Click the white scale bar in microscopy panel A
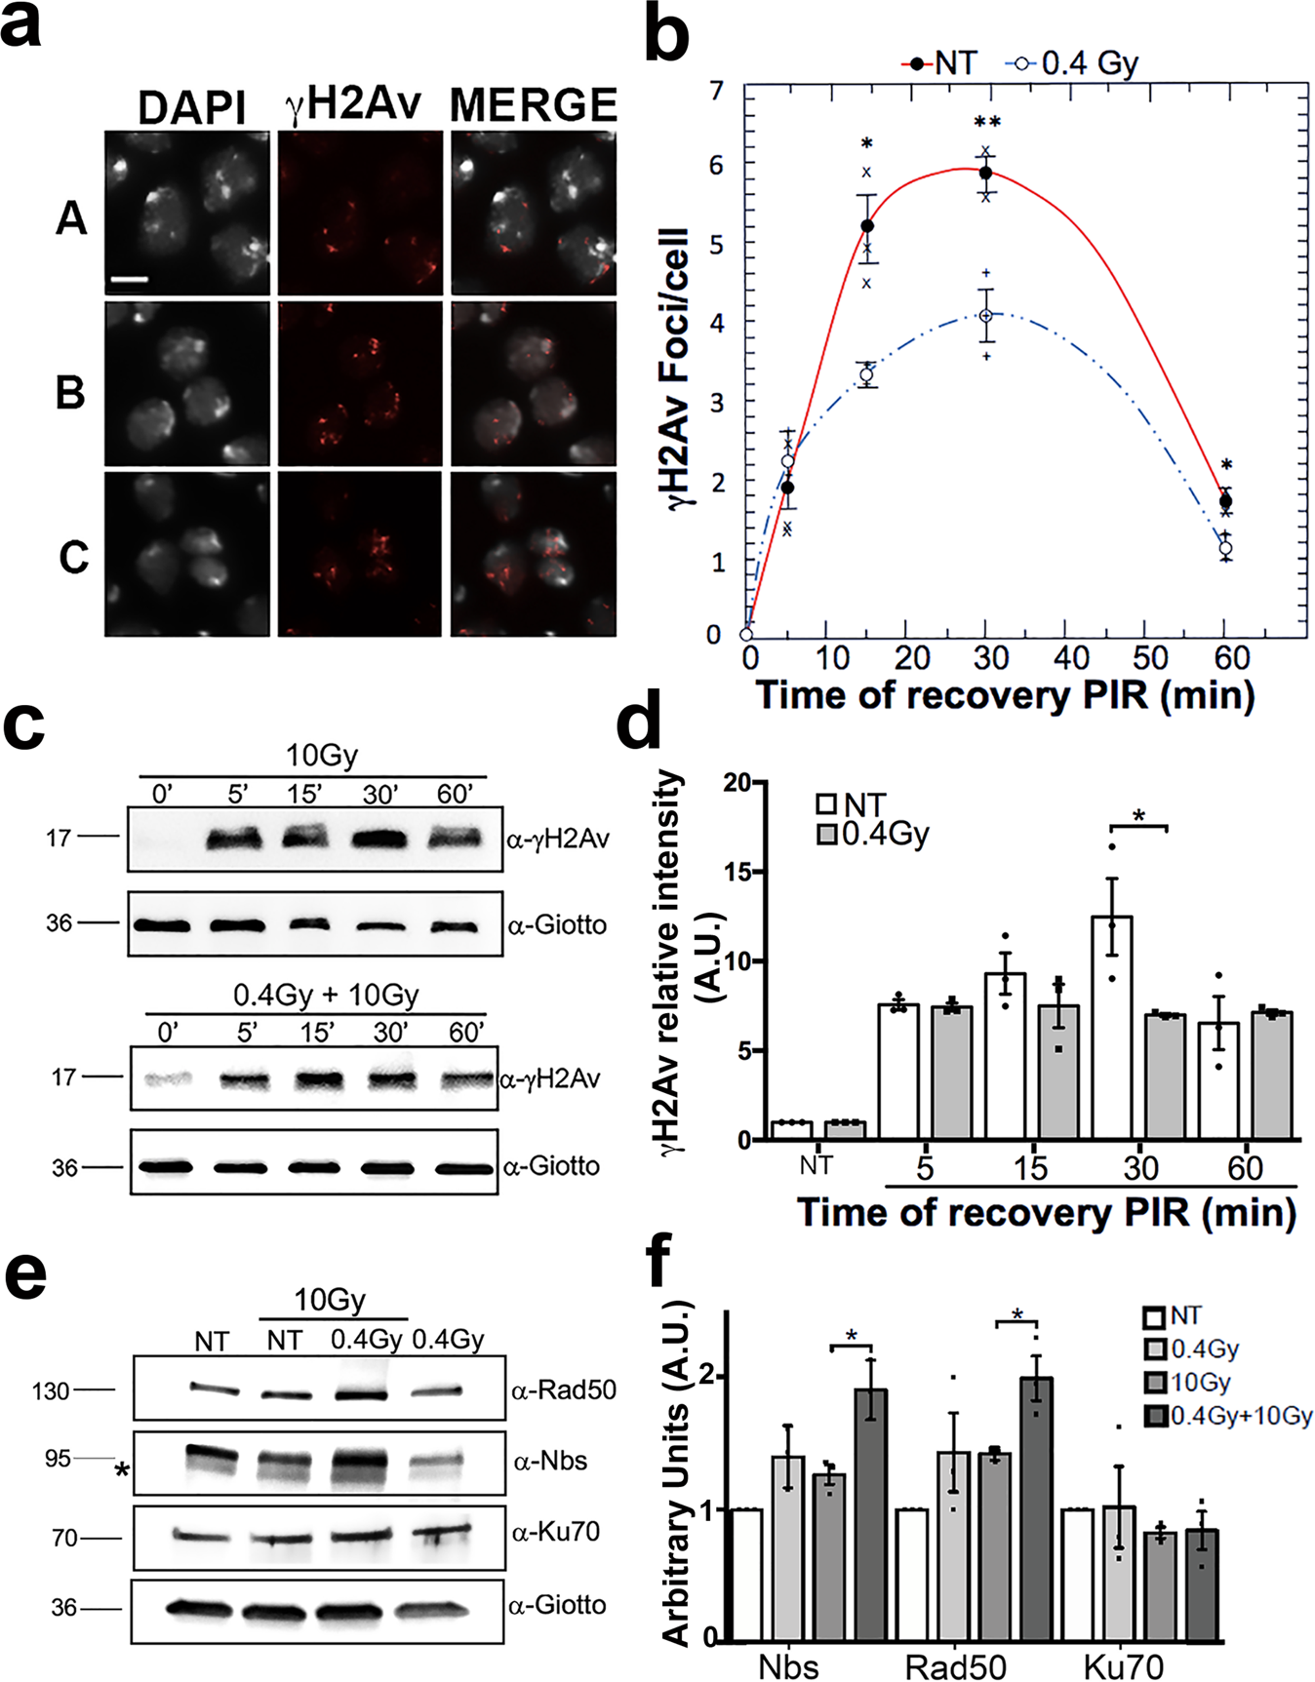[x=129, y=280]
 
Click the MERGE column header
[x=534, y=105]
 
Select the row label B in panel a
[x=70, y=392]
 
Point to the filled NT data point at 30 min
[x=986, y=173]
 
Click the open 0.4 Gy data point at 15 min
[x=866, y=375]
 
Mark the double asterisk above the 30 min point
[x=987, y=123]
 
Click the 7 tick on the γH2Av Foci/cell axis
[x=717, y=91]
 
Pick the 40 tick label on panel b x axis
[x=1071, y=658]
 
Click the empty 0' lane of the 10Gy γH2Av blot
[x=163, y=839]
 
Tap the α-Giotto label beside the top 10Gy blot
[x=557, y=924]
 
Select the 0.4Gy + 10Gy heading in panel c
[x=326, y=996]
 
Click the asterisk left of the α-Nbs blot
[x=122, y=1471]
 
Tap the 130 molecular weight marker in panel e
[x=51, y=1391]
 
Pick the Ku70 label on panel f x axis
[x=1123, y=1666]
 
